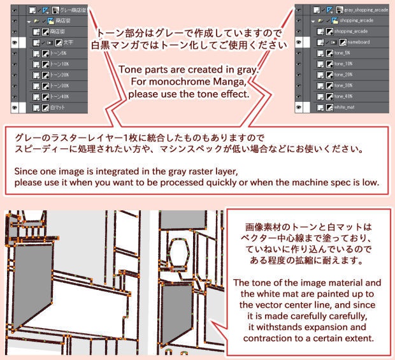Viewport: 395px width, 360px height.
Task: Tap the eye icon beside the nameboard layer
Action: click(x=299, y=41)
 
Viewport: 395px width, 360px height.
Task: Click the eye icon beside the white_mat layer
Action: click(x=299, y=108)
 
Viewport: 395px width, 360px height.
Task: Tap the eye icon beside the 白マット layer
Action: click(x=14, y=108)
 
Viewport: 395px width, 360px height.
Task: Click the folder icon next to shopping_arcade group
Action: click(x=326, y=20)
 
